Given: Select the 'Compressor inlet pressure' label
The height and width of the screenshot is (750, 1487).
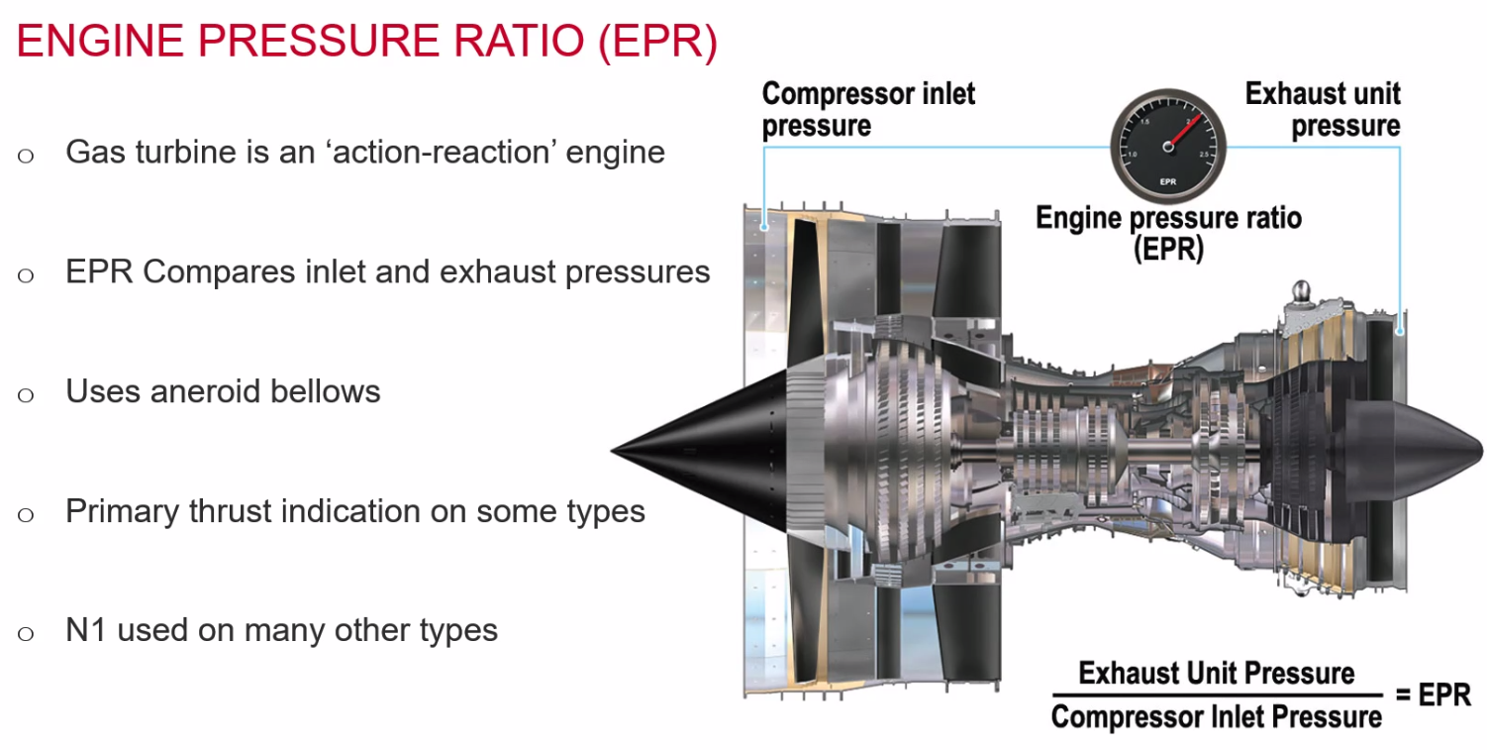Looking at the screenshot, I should [867, 110].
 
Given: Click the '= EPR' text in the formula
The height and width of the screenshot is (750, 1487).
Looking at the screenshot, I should [1433, 694].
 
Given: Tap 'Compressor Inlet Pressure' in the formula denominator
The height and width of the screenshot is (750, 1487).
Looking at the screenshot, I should [1216, 716].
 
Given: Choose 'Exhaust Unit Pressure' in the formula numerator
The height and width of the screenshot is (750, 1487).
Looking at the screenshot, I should [1216, 674].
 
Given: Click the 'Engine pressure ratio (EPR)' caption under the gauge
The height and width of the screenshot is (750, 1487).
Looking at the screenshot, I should [1168, 233].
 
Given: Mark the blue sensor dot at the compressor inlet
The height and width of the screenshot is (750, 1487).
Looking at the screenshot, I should [764, 227].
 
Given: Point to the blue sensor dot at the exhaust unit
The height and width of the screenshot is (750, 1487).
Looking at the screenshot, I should [1399, 331].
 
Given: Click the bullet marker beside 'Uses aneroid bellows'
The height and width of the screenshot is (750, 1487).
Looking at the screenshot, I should [26, 394].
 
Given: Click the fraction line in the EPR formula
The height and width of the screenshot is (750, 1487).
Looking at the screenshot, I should [1216, 696].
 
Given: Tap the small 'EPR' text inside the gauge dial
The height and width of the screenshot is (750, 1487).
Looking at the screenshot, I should [1168, 181].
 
